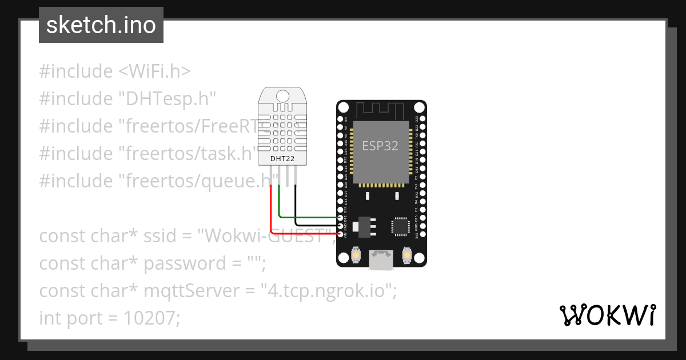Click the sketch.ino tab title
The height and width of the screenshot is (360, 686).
[x=101, y=25]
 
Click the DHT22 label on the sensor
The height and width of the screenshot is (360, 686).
[x=282, y=158]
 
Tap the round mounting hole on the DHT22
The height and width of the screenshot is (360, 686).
[x=282, y=95]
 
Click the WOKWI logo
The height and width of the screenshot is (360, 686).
[x=607, y=315]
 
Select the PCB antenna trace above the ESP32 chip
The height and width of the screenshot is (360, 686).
[x=381, y=109]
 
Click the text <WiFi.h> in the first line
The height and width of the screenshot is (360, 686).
[x=155, y=71]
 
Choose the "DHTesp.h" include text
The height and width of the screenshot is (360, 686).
[x=167, y=99]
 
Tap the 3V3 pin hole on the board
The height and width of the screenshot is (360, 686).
[x=421, y=234]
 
